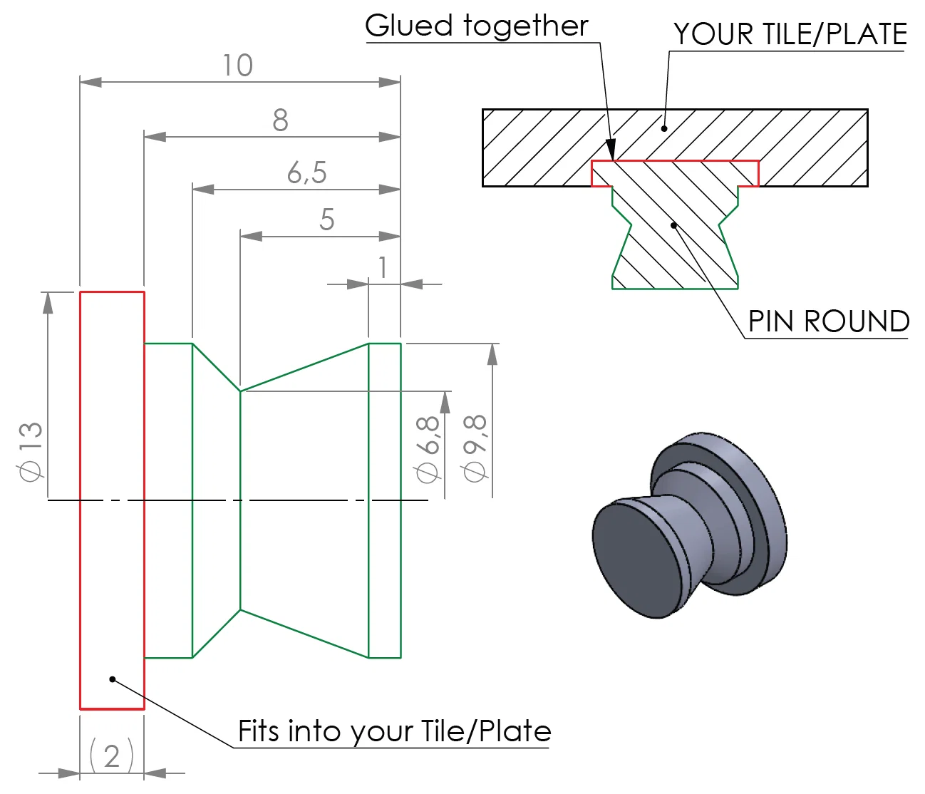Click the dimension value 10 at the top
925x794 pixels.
(x=237, y=66)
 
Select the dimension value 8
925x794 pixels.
(x=280, y=120)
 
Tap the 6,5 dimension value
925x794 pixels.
(x=306, y=172)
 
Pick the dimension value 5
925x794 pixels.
(x=326, y=220)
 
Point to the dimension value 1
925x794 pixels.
(x=383, y=268)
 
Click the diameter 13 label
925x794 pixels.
(x=31, y=451)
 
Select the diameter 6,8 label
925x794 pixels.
(x=428, y=449)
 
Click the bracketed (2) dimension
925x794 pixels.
(x=112, y=756)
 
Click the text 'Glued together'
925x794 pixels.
(x=476, y=26)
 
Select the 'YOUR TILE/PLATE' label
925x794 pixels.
(x=790, y=34)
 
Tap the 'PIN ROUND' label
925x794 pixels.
(x=828, y=321)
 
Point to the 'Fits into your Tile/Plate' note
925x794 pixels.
(x=394, y=731)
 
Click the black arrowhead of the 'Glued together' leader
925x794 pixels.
(x=611, y=149)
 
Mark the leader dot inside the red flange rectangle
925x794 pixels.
(x=112, y=679)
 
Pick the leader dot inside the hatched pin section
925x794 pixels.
(x=673, y=225)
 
